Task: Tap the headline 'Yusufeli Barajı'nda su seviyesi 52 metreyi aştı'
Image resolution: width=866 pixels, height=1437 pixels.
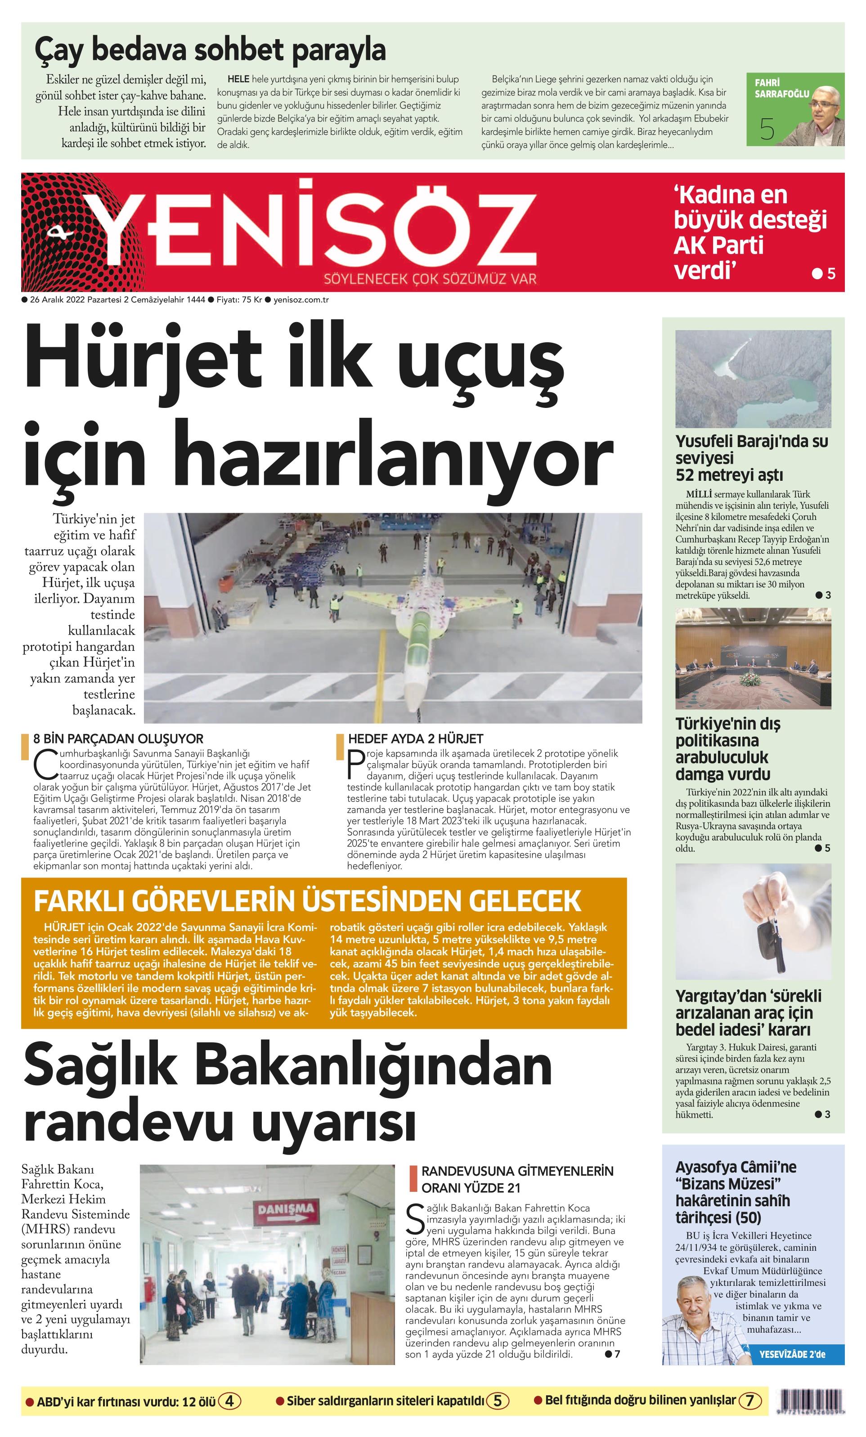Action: click(751, 458)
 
